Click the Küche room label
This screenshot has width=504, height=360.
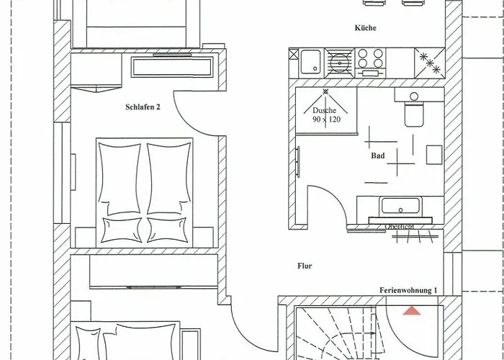pyautogui.click(x=366, y=28)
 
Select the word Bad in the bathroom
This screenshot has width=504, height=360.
pyautogui.click(x=377, y=156)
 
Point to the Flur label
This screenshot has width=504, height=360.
pyautogui.click(x=305, y=266)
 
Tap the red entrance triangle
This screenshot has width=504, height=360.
pyautogui.click(x=411, y=311)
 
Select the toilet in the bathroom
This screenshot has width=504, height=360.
pyautogui.click(x=413, y=114)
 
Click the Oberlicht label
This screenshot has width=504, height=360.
pyautogui.click(x=399, y=226)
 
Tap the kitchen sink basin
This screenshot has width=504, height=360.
pyautogui.click(x=311, y=60)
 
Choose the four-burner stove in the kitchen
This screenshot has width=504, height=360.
pyautogui.click(x=371, y=61)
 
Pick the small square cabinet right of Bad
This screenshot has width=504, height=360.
pyautogui.click(x=434, y=156)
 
